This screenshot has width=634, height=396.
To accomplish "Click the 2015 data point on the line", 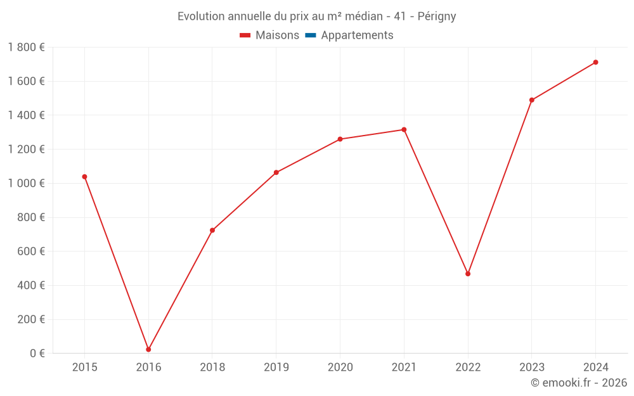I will pyautogui.click(x=84, y=177).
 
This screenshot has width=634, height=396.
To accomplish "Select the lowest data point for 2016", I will pyautogui.click(x=148, y=350).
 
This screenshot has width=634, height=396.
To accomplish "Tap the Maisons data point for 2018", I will pyautogui.click(x=212, y=230).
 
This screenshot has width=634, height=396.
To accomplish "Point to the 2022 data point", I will pyautogui.click(x=468, y=274).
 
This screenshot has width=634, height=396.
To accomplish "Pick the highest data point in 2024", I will pyautogui.click(x=595, y=62).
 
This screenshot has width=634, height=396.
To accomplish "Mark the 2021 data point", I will pyautogui.click(x=404, y=130).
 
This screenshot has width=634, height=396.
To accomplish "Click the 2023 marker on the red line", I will pyautogui.click(x=532, y=100).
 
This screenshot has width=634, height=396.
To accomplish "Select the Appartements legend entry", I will pyautogui.click(x=357, y=35).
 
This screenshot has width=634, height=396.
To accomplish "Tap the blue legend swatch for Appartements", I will pyautogui.click(x=311, y=35).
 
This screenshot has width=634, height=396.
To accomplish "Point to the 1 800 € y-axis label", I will pyautogui.click(x=26, y=48).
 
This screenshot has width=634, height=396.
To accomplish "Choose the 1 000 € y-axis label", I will pyautogui.click(x=26, y=183).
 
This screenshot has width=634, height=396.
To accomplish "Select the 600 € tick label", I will pyautogui.click(x=30, y=252).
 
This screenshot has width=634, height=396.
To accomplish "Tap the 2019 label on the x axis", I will pyautogui.click(x=276, y=367).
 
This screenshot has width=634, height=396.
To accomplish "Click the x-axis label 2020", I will pyautogui.click(x=340, y=367).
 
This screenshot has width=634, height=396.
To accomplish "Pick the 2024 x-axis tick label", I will pyautogui.click(x=595, y=367).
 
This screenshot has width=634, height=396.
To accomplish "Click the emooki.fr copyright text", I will pyautogui.click(x=578, y=383).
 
